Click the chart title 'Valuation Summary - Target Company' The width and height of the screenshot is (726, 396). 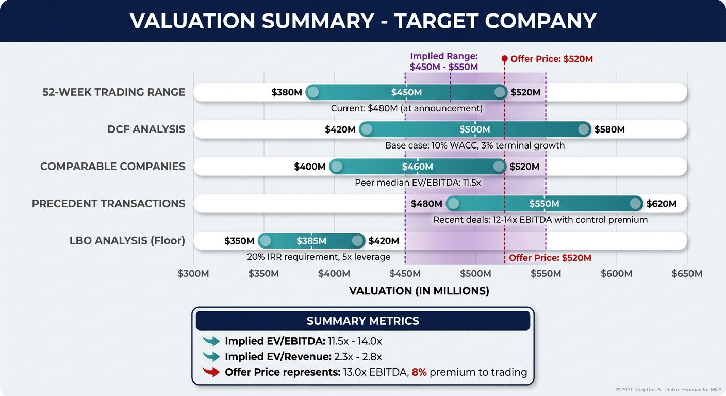tap(362, 21)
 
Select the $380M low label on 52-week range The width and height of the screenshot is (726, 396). tap(287, 92)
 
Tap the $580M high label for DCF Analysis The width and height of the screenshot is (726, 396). tap(609, 129)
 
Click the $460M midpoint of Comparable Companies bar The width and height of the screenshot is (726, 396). tap(417, 167)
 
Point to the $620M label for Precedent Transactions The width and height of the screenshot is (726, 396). tap(661, 204)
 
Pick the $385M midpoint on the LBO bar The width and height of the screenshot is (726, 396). tap(311, 241)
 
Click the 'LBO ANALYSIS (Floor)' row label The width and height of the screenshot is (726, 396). tap(127, 240)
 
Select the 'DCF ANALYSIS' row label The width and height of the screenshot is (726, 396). tap(146, 129)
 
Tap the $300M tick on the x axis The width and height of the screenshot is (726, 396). tap(193, 273)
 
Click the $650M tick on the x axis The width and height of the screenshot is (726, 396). tap(687, 273)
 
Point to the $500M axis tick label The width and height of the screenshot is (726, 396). tap(475, 273)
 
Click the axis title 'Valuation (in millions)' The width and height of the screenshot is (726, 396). tap(419, 291)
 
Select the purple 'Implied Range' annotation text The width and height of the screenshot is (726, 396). tap(444, 61)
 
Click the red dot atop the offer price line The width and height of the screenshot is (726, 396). tap(505, 59)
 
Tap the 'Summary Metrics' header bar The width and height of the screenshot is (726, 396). tap(362, 321)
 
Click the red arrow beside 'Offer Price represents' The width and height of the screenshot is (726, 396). tap(211, 372)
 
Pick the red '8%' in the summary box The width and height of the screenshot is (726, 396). tap(419, 372)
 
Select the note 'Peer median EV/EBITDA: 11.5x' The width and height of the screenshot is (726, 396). tap(418, 183)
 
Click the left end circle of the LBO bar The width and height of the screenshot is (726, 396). tap(265, 241)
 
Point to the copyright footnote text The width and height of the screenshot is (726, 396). tap(669, 389)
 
